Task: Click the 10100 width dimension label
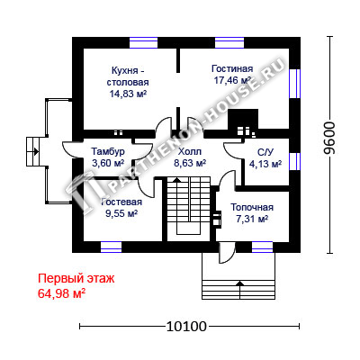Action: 186,327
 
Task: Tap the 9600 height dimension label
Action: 330,138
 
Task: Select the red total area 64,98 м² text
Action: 62,293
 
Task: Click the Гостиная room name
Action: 232,68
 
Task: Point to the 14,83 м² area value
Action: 128,94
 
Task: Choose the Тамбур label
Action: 108,151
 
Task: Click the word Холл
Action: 190,151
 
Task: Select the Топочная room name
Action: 252,207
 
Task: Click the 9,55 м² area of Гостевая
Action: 121,213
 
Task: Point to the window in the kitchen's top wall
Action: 143,42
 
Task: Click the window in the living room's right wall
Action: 294,84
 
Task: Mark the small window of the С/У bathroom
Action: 294,162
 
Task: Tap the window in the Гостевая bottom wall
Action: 111,247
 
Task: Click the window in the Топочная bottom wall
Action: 262,247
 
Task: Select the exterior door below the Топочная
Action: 227,253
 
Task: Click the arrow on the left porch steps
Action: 35,151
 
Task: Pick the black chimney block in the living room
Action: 243,121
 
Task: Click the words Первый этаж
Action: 76,279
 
